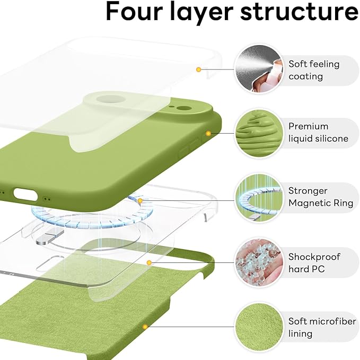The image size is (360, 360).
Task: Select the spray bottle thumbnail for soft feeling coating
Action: [258, 69]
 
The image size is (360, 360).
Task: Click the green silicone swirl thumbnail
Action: [258, 133]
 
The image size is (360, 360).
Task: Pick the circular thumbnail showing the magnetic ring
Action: [258, 197]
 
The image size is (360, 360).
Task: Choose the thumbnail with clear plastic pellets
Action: [258, 262]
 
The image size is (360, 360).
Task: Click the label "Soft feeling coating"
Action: [314, 70]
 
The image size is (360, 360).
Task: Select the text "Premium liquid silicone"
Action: [318, 133]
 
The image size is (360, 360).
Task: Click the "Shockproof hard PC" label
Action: [314, 262]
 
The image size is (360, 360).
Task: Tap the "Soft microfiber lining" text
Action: [319, 327]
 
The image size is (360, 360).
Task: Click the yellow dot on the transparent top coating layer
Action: [198, 69]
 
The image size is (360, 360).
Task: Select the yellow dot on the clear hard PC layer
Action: [150, 262]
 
